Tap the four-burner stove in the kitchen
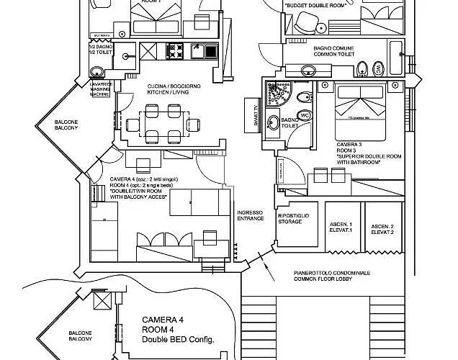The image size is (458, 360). coord(176,52)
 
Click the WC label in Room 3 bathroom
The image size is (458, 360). coord(303,115)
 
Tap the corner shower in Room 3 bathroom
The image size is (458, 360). coord(277,95)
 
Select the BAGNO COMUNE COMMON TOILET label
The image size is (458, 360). coord(336,50)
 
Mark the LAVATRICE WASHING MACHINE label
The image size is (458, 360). coord(100,89)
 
